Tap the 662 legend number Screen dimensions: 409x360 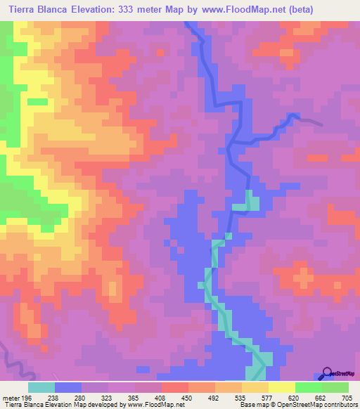tap(321, 398)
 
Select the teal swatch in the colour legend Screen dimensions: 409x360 tap(41, 388)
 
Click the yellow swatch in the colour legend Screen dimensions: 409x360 tap(282, 388)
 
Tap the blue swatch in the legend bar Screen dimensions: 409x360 tap(68, 388)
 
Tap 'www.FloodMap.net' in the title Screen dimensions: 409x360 tap(229, 9)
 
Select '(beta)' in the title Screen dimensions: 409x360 tap(295, 9)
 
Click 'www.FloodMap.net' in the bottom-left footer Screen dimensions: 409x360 tap(148, 405)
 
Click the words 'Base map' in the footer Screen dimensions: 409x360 tap(248, 405)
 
